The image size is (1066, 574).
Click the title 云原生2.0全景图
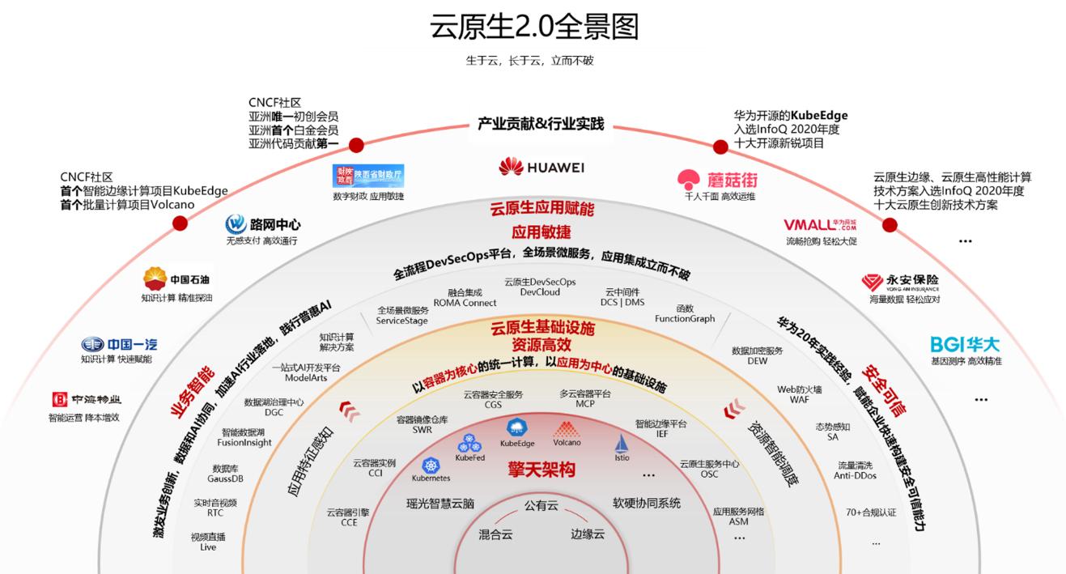pyautogui.click(x=534, y=27)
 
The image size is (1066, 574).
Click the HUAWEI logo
pyautogui.click(x=541, y=167)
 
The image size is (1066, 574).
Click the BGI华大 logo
pyautogui.click(x=966, y=344)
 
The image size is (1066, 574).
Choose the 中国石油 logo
pyautogui.click(x=178, y=279)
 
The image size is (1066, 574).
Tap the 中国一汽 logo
pyautogui.click(x=116, y=344)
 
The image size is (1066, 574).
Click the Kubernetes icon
pyautogui.click(x=431, y=466)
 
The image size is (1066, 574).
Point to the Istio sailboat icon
pyautogui.click(x=622, y=444)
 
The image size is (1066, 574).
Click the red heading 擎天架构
pyautogui.click(x=541, y=470)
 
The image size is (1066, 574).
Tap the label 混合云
pyautogui.click(x=495, y=534)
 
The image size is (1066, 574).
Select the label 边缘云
pyautogui.click(x=588, y=534)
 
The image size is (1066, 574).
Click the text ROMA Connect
pyautogui.click(x=465, y=303)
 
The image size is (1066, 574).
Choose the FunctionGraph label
pyautogui.click(x=685, y=318)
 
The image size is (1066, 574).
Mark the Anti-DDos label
pyautogui.click(x=855, y=475)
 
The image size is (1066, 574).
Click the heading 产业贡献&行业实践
pyautogui.click(x=541, y=125)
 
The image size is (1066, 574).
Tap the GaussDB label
pyautogui.click(x=225, y=478)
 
